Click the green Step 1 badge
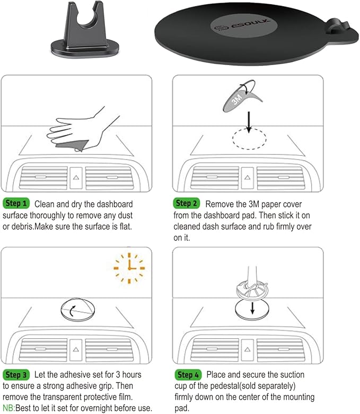pyautogui.click(x=16, y=204)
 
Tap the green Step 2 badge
pyautogui.click(x=187, y=204)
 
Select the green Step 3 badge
pyautogui.click(x=16, y=375)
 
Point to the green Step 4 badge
pyautogui.click(x=188, y=375)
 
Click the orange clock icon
pyautogui.click(x=129, y=268)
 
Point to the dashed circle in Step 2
pyautogui.click(x=249, y=139)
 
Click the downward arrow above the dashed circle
pyautogui.click(x=249, y=122)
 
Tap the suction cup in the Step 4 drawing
pyautogui.click(x=252, y=291)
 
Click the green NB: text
pyautogui.click(x=8, y=408)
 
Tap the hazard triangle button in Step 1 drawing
pyautogui.click(x=76, y=178)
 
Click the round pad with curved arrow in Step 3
pyautogui.click(x=77, y=309)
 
